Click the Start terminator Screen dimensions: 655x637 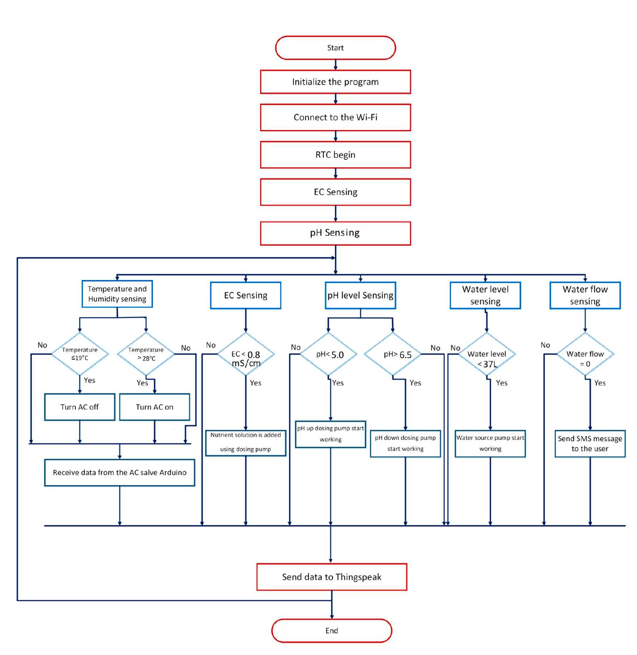[x=335, y=48]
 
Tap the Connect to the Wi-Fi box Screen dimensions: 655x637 [x=335, y=117]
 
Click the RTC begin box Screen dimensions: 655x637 [x=335, y=155]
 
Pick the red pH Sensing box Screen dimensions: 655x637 [x=335, y=233]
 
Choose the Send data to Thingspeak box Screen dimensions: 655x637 [x=332, y=577]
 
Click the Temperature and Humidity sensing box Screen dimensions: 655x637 [x=117, y=294]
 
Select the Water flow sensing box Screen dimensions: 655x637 [x=585, y=295]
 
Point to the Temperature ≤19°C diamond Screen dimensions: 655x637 [x=80, y=354]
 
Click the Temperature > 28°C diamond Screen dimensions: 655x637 [x=146, y=354]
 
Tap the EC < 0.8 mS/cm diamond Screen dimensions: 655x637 [x=246, y=354]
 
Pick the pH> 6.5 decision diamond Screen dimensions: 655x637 [x=393, y=354]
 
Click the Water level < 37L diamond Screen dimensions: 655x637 [x=487, y=354]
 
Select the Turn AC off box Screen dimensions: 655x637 [x=80, y=407]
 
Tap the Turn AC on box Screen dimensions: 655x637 [x=155, y=407]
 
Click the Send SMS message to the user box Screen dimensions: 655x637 [x=590, y=444]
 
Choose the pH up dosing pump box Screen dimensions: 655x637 [x=330, y=434]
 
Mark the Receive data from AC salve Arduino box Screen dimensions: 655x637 [x=120, y=472]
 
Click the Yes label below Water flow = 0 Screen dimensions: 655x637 [x=600, y=383]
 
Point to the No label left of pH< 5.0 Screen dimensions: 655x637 [x=295, y=347]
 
